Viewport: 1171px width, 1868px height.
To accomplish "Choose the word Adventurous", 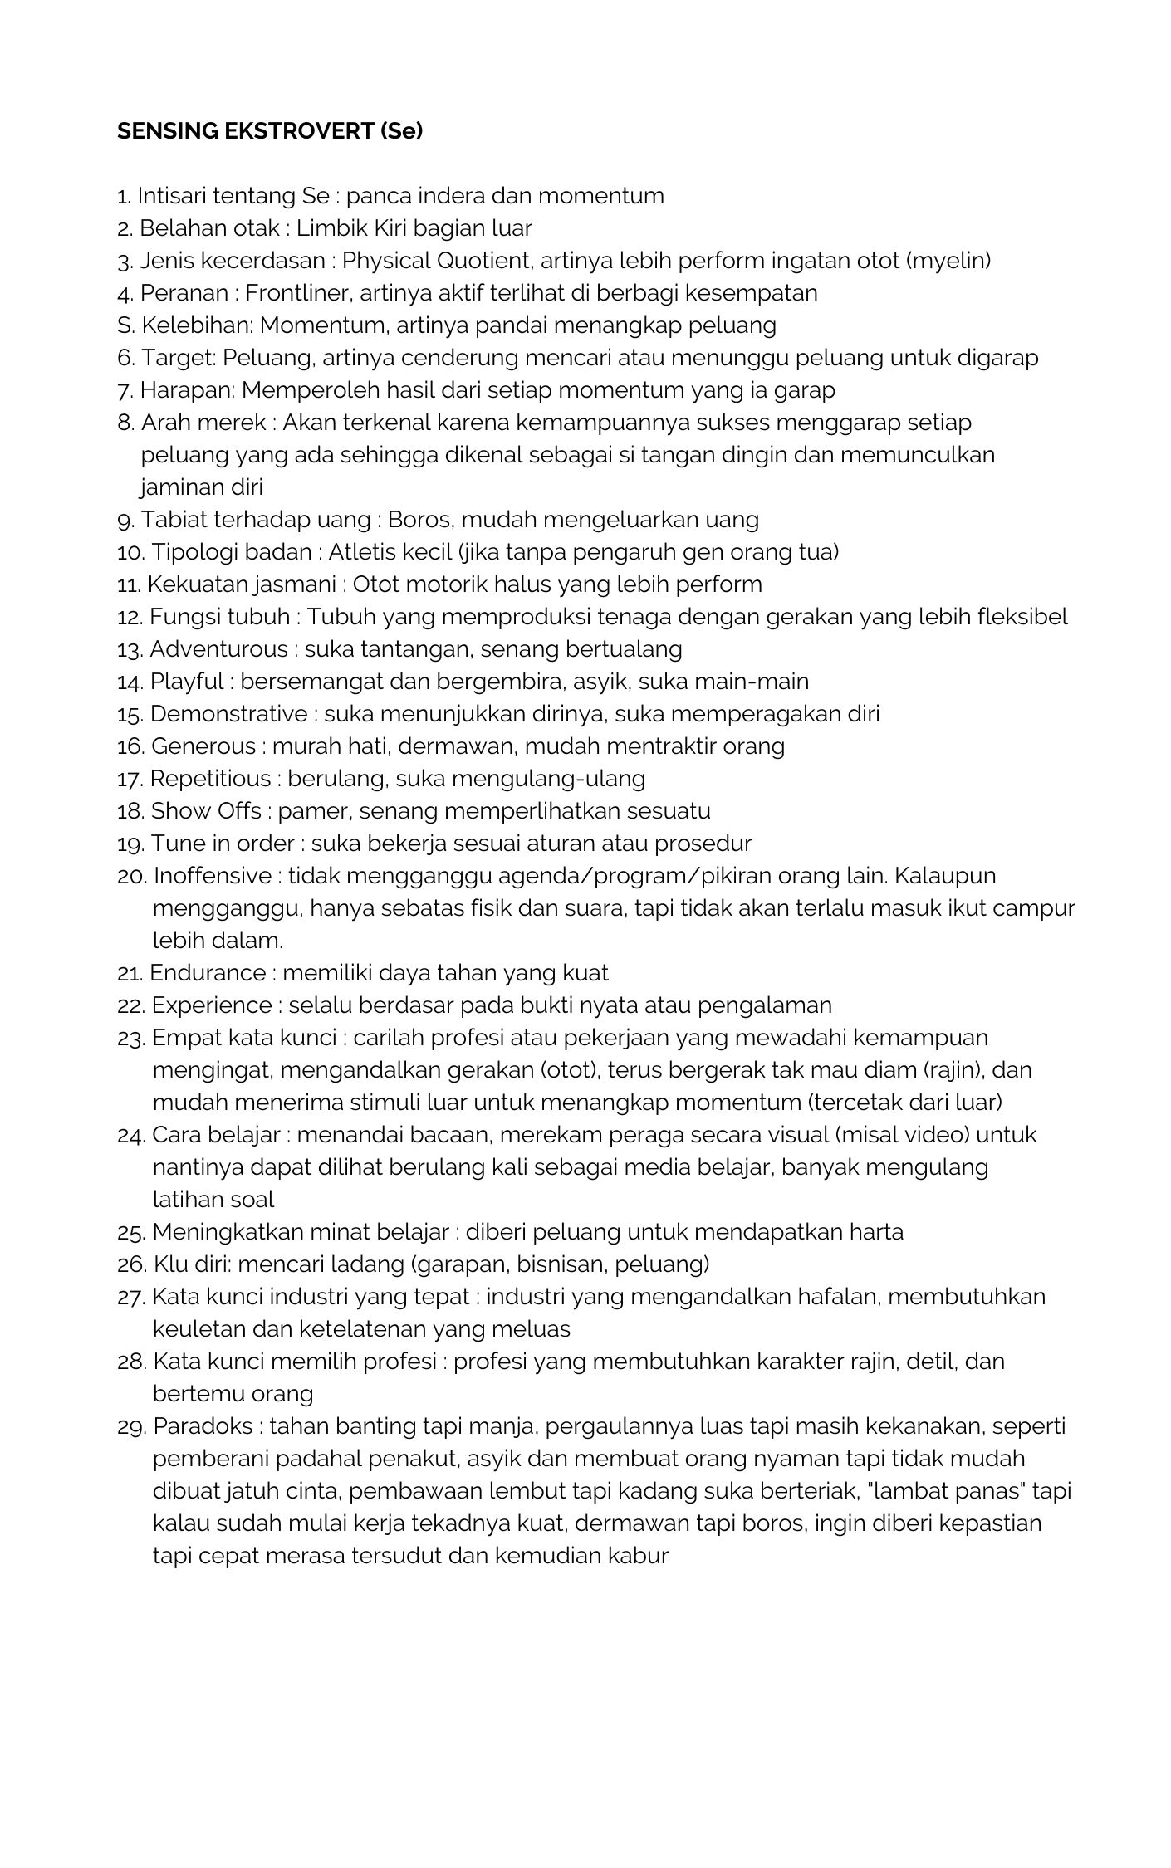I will pos(218,649).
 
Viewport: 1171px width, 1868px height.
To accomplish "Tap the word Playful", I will pos(186,682).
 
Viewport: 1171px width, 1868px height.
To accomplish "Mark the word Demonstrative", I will pos(228,714).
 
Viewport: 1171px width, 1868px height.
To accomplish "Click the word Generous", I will pos(203,746).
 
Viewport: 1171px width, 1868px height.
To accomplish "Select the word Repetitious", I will pos(210,779).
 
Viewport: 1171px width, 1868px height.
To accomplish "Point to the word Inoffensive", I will pos(212,876).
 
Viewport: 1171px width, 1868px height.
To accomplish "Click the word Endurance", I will pos(208,973).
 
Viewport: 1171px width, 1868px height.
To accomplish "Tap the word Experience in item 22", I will pos(211,1005).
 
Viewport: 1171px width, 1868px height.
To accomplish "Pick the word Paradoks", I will pos(203,1426).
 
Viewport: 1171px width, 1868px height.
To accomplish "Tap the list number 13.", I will pos(130,649).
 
